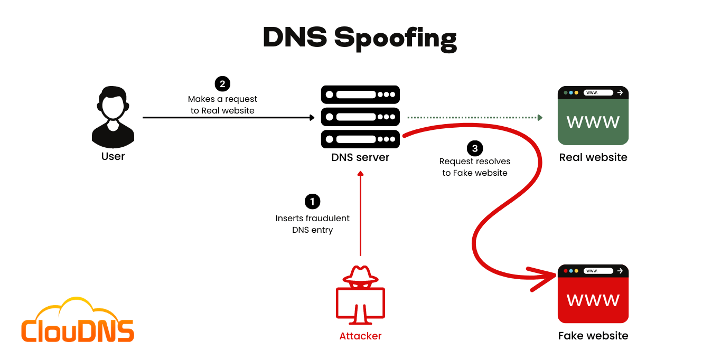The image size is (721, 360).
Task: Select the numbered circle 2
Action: click(222, 83)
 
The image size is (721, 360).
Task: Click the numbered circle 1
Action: click(313, 201)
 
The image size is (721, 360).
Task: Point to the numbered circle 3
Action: click(475, 148)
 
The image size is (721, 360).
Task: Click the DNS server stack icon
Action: click(360, 117)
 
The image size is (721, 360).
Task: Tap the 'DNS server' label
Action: click(360, 157)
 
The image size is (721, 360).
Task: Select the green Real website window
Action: click(593, 116)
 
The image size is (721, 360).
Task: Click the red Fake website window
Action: click(593, 294)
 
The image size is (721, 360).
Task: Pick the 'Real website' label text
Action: click(593, 157)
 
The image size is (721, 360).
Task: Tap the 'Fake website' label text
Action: click(593, 336)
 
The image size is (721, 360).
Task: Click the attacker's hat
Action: click(361, 274)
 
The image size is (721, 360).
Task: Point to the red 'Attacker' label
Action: click(360, 336)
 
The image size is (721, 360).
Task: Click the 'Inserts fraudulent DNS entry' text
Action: click(313, 224)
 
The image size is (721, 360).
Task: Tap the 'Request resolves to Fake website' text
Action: click(475, 167)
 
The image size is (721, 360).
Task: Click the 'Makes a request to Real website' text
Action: click(222, 105)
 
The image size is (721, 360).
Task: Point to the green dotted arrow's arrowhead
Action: click(540, 117)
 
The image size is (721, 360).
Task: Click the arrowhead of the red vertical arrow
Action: click(361, 174)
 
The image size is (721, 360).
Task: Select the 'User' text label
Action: click(113, 156)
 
